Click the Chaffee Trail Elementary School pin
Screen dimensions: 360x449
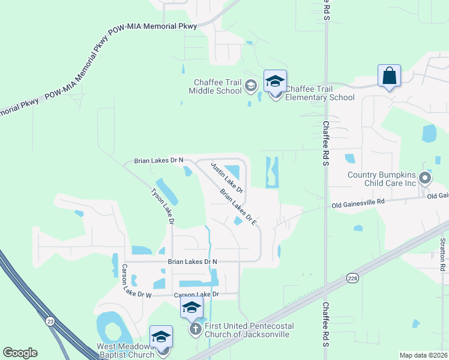pos(275,82)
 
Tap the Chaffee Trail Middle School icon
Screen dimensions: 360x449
pos(251,87)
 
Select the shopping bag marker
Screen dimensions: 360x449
pos(389,76)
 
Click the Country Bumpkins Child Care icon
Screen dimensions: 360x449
pos(425,178)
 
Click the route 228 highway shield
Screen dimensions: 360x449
pos(353,278)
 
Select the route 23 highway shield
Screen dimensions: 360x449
pos(50,322)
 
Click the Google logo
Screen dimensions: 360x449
pos(20,353)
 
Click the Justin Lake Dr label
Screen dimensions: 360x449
pos(227,176)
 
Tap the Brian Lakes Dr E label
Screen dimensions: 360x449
pos(238,208)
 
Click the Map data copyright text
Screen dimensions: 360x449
pos(423,355)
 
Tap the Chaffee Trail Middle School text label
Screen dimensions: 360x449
pos(215,86)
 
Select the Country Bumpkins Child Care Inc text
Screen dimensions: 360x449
pos(381,179)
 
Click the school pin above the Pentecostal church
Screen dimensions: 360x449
pos(191,308)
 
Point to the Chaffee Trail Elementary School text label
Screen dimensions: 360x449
pos(320,94)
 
